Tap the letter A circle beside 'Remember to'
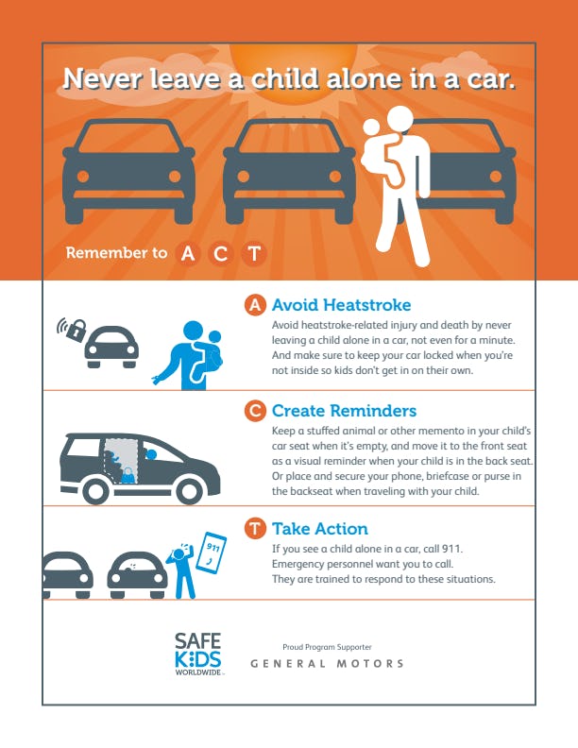pos(188,253)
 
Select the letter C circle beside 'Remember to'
pos(220,253)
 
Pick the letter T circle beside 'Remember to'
pos(253,253)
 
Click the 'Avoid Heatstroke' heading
pos(341,305)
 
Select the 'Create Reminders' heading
pos(344,411)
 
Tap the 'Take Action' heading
pos(319,529)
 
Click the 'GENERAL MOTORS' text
pos(327,664)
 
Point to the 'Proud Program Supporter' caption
pos(327,647)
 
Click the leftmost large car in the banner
pos(128,170)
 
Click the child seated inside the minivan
pos(125,465)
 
